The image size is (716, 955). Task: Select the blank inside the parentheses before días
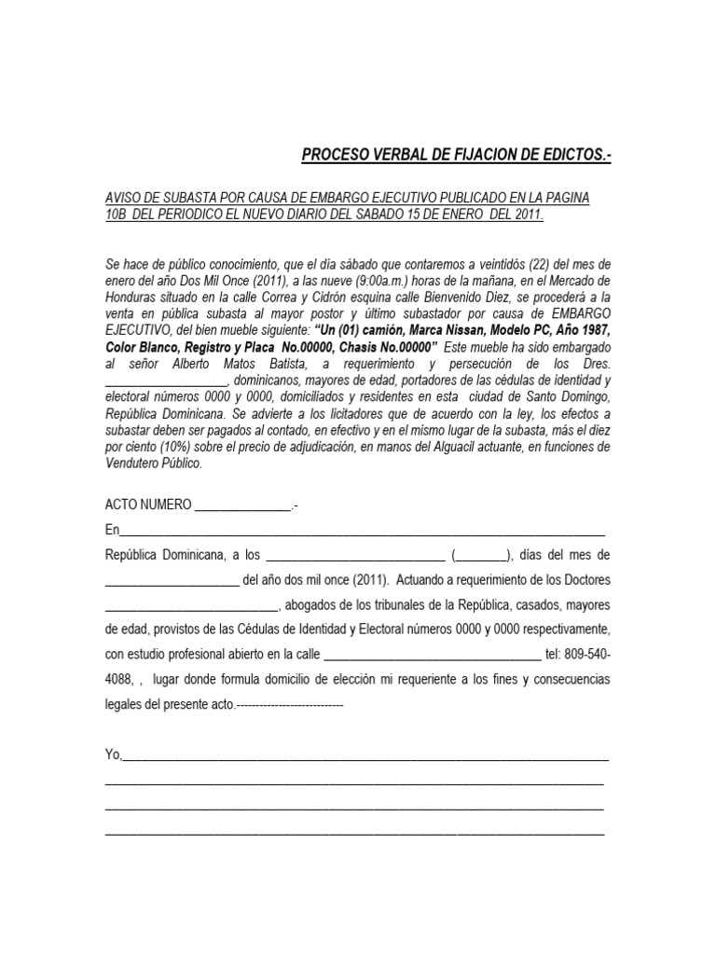coord(482,555)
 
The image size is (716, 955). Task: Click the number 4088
coord(119,679)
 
